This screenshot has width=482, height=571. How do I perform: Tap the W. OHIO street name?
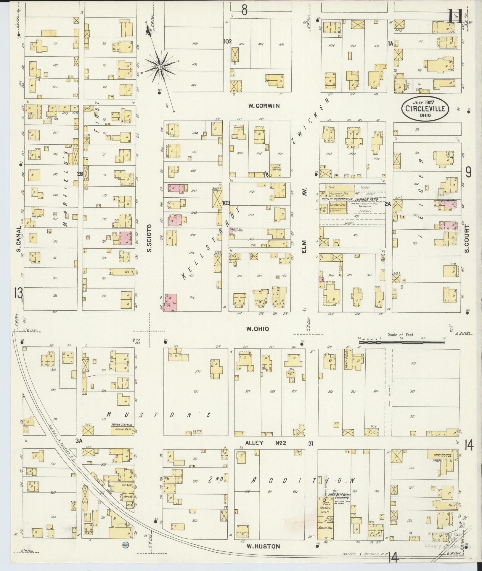point(258,329)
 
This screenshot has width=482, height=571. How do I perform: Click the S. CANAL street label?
point(19,239)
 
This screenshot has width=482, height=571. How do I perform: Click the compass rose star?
point(160,67)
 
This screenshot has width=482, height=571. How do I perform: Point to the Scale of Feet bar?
point(401,342)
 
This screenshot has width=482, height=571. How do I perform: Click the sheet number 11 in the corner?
point(454,16)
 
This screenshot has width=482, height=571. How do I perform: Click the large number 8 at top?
point(244,10)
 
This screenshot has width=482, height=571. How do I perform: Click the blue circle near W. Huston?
point(125,544)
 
